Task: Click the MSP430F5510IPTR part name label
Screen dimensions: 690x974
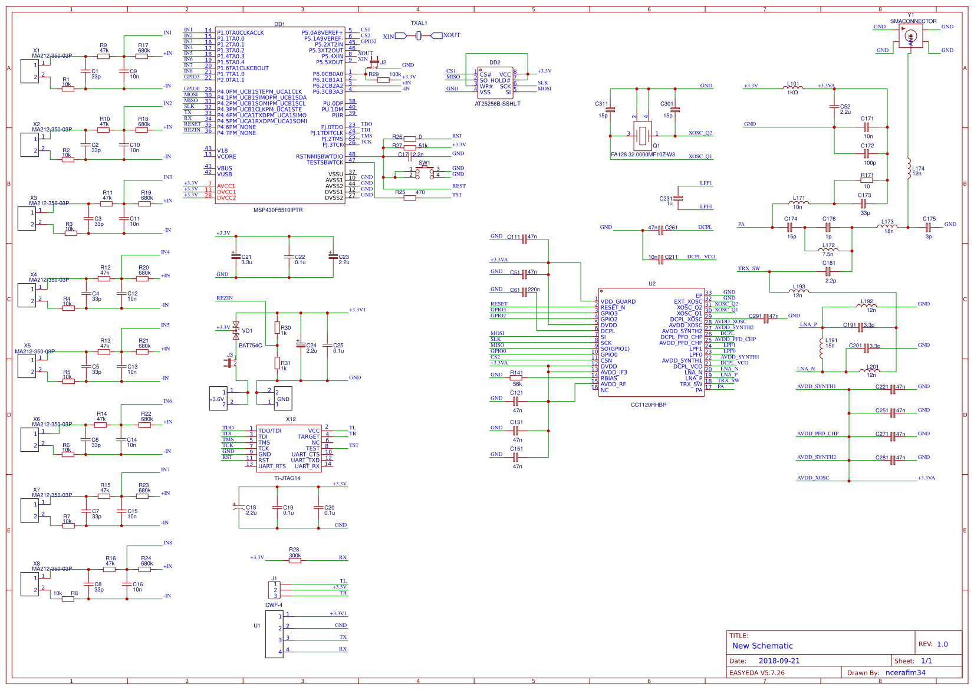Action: (278, 210)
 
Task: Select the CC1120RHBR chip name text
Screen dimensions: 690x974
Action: (649, 405)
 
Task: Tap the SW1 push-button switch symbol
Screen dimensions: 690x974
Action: (425, 172)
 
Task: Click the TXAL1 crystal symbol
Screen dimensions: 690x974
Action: (419, 36)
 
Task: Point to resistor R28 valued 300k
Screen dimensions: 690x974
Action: (295, 560)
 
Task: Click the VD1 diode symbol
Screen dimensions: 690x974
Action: (236, 330)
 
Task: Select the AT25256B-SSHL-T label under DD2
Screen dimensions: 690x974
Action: (497, 104)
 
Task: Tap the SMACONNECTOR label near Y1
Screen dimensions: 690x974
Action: (913, 21)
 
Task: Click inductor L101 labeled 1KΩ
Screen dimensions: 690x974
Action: (793, 88)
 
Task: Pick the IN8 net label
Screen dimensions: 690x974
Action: (167, 543)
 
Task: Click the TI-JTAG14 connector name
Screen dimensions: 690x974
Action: (287, 478)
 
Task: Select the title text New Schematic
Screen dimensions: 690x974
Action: (762, 646)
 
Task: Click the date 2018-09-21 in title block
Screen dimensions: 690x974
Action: (779, 661)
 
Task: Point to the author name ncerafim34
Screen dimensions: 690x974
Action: (905, 672)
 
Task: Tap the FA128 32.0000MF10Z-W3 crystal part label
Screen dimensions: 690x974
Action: (643, 155)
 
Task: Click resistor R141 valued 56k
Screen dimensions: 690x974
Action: (516, 377)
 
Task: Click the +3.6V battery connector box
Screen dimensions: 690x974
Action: (218, 399)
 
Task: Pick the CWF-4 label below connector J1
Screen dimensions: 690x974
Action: (274, 605)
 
